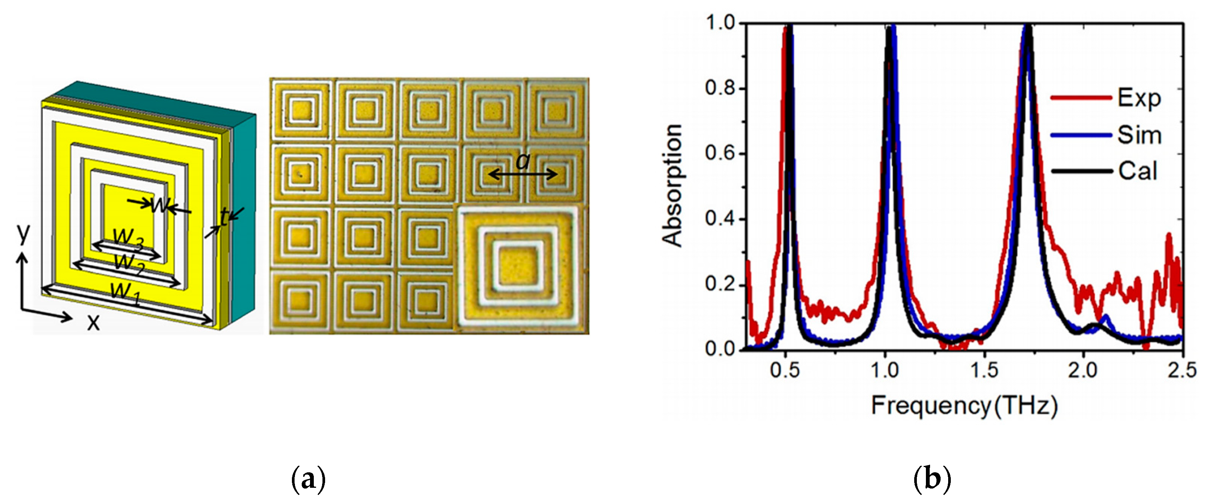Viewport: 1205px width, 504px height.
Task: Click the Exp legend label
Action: [x=1139, y=98]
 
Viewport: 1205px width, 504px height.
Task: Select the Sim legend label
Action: [x=1139, y=135]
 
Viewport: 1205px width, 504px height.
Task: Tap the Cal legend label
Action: [x=1137, y=171]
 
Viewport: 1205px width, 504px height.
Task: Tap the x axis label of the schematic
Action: [x=93, y=323]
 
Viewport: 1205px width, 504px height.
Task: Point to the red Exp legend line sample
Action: [x=1081, y=98]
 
